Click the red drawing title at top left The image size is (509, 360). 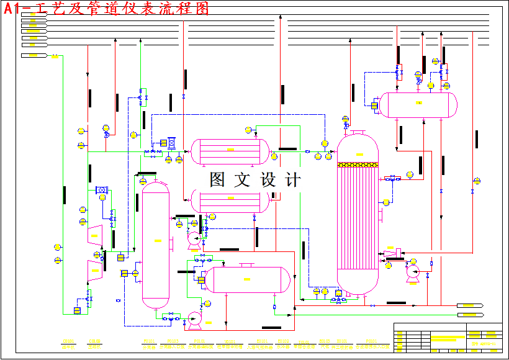click(106, 8)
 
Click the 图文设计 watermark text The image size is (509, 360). click(255, 180)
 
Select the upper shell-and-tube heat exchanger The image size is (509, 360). click(230, 151)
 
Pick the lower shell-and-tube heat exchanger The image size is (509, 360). click(230, 200)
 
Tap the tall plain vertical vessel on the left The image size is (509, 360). click(155, 245)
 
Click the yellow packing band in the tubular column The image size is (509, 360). click(357, 165)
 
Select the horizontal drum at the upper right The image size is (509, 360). click(418, 104)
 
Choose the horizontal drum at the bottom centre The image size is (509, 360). click(248, 280)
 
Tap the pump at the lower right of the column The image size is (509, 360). click(413, 272)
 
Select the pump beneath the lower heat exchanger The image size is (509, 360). click(194, 238)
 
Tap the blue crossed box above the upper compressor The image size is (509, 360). click(102, 190)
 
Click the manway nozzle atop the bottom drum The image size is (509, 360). click(248, 265)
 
